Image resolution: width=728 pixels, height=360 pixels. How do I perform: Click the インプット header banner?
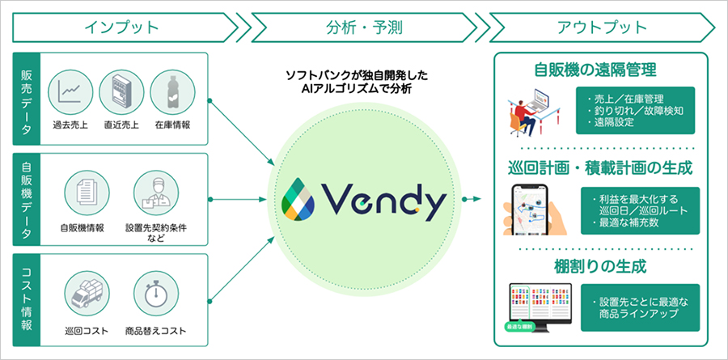coord(121,27)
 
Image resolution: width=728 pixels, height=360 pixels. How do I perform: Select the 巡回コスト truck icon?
coord(87,295)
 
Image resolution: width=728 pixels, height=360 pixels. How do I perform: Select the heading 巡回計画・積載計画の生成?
coord(602,168)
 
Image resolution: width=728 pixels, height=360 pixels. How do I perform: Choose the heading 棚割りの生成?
coord(602,265)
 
